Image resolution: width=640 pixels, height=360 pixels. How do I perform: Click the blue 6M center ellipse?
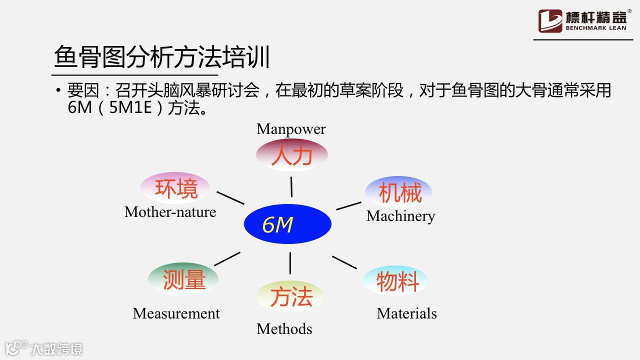287,224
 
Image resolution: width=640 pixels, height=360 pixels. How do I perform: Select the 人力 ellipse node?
292,155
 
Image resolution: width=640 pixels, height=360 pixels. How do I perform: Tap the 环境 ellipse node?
175,188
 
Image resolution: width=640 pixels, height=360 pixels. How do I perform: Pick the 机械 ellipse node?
399,192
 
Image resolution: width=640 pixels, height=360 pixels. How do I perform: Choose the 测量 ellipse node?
183,279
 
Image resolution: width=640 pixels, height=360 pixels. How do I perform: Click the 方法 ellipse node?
290,296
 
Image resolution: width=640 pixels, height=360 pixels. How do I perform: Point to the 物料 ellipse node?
396,281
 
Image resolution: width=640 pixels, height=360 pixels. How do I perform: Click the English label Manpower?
291,129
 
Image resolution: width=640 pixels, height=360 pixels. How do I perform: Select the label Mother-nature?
170,212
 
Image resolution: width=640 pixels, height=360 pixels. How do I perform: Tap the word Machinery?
400,216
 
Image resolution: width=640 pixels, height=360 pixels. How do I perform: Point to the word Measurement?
176,313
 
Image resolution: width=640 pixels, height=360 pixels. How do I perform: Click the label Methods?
284,329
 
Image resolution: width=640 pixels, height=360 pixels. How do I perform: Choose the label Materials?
406,313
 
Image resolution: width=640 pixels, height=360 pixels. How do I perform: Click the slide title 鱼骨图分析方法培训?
162,56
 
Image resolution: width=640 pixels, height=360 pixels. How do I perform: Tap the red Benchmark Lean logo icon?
550,21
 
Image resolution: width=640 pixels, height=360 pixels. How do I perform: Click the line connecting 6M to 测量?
227,259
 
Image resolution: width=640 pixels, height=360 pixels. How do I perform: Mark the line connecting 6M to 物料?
344,262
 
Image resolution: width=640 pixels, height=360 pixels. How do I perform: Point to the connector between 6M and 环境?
230,197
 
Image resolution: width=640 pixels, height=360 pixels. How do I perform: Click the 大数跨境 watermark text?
56,348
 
